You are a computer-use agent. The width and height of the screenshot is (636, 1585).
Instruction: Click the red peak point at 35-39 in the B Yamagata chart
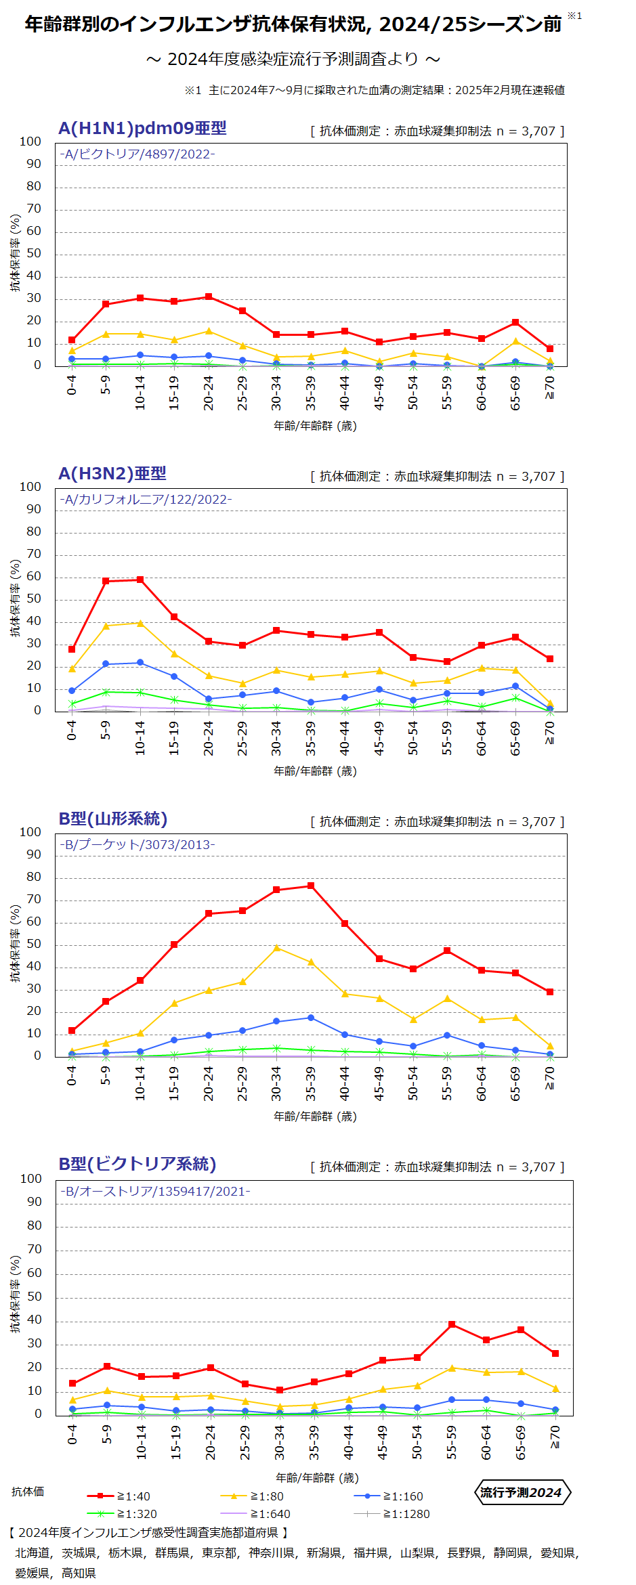coord(311,886)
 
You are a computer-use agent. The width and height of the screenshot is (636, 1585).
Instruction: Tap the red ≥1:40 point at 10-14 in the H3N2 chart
coord(140,580)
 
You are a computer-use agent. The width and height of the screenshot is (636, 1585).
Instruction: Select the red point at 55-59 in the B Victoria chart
coord(452,1324)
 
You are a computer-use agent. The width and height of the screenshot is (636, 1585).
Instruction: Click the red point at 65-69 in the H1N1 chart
coord(515,322)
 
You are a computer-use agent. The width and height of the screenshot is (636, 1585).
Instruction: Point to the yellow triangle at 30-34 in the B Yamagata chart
coord(276,948)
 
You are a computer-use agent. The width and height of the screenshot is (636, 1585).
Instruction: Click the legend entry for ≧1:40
coord(119,1496)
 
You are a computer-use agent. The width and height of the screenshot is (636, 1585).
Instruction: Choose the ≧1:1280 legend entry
coord(391,1514)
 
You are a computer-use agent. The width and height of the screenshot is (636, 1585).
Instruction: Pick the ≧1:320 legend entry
coord(123,1514)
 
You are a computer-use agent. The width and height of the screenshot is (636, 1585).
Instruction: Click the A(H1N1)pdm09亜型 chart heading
coord(142,129)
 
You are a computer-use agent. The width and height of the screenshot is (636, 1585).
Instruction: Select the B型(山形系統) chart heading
coord(112,819)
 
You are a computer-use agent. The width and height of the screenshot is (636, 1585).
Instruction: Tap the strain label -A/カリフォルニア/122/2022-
coord(146,500)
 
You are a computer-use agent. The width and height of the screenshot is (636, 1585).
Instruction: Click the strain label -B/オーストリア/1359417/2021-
coord(155,1192)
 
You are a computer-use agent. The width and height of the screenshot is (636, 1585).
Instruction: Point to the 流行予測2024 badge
coord(521,1493)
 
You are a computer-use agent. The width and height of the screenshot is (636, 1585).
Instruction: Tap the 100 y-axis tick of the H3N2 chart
coord(30,487)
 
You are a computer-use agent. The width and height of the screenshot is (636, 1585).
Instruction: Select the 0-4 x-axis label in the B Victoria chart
coord(72,1434)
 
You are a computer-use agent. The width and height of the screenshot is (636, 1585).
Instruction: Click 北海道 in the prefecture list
coord(33,1553)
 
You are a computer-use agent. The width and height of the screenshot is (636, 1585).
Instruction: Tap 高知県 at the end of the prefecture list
coord(79,1573)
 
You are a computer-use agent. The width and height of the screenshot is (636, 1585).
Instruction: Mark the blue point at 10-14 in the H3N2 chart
coord(140,663)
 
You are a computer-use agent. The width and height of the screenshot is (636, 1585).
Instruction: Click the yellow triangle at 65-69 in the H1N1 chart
coord(515,341)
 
